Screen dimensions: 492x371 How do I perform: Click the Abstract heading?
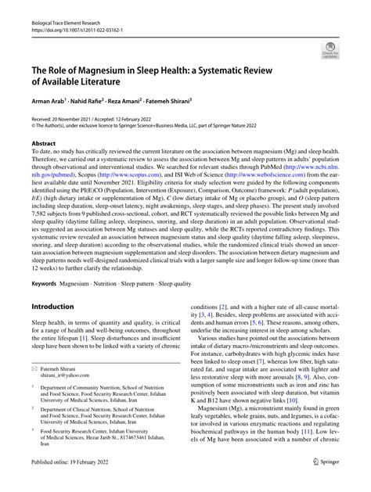point(44,144)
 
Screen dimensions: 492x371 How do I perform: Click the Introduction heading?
point(59,284)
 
